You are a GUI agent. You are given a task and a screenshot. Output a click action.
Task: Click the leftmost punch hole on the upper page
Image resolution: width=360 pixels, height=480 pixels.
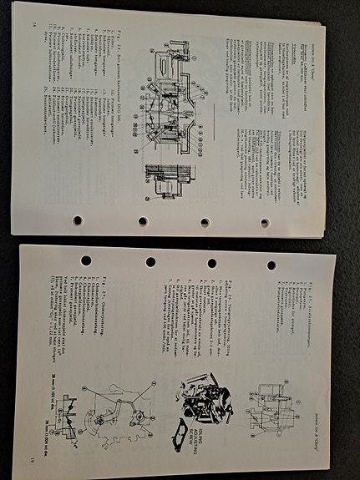click(77, 220)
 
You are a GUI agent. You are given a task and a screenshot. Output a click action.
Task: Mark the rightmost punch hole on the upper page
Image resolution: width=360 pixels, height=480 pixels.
click(265, 223)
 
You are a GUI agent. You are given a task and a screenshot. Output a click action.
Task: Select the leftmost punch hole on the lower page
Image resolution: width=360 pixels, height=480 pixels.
click(86, 260)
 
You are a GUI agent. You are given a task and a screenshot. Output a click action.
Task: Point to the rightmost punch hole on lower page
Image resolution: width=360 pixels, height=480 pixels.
click(271, 265)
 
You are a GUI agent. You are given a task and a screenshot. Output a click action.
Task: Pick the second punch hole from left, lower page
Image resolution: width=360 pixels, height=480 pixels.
click(150, 262)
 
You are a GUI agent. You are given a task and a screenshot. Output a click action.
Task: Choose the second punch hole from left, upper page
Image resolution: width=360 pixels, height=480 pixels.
click(143, 221)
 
